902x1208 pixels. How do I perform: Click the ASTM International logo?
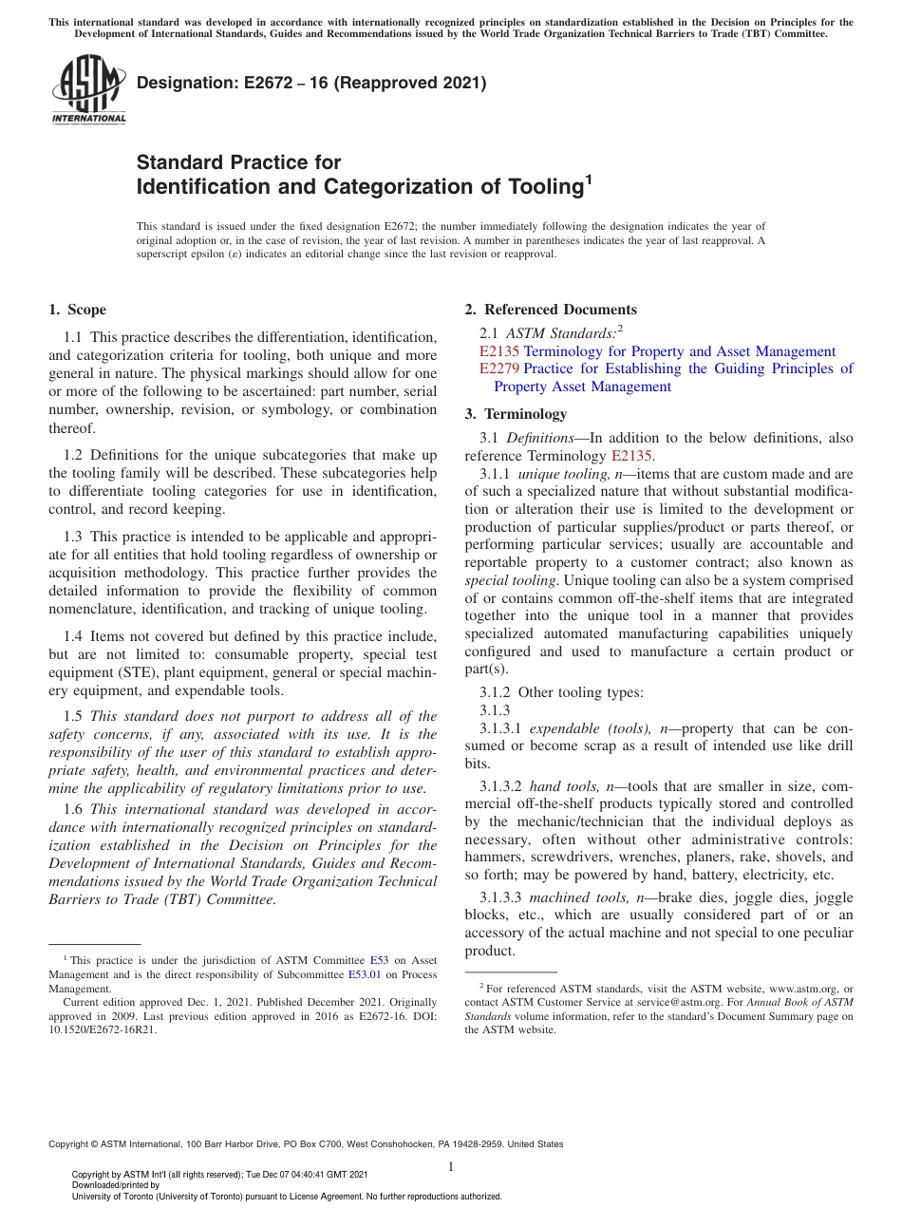coord(88,90)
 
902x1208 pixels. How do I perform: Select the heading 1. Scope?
coord(77,310)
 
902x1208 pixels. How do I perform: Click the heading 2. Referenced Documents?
coord(551,310)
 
